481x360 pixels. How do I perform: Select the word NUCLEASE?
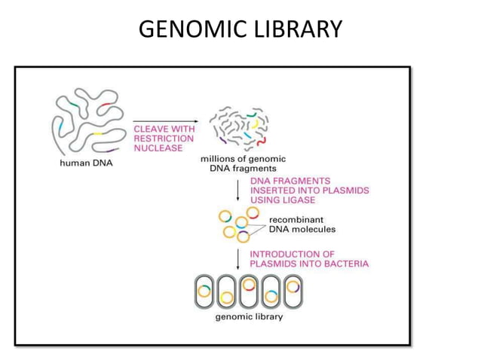click(x=158, y=148)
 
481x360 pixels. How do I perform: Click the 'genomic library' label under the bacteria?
click(x=250, y=316)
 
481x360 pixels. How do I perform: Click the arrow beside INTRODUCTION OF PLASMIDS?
click(x=238, y=259)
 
